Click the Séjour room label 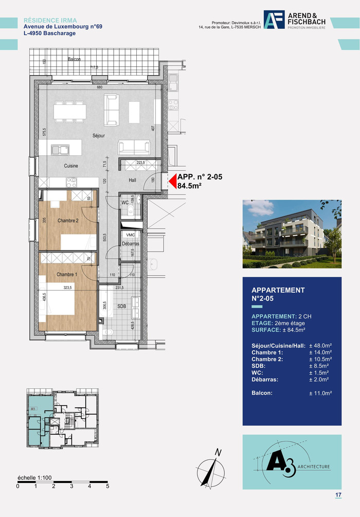tap(99, 136)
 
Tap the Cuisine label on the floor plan tap(71, 166)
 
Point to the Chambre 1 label tap(67, 275)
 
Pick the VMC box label tap(131, 235)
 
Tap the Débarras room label tap(131, 243)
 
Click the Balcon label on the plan tap(75, 60)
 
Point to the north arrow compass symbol tap(211, 469)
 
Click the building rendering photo tap(292, 234)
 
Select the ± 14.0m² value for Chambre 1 tap(320, 352)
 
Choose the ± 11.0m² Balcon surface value tap(320, 393)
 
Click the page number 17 tap(338, 495)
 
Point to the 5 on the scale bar tap(107, 486)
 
